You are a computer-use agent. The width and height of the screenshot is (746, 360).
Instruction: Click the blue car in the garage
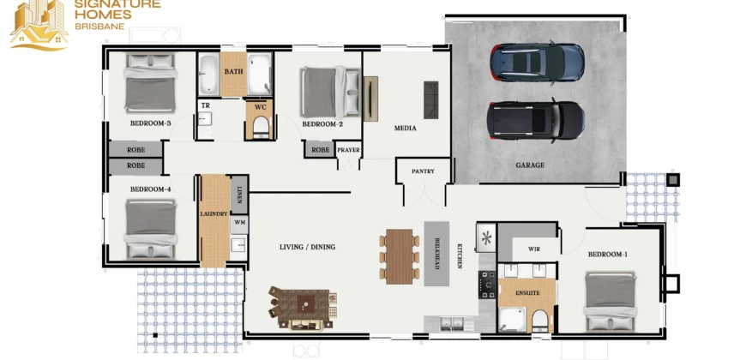[537, 62]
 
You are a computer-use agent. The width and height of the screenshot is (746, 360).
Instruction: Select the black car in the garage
[536, 121]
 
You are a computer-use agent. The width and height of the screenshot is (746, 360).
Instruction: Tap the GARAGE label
[530, 165]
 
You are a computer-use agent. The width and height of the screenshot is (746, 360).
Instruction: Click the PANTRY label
[423, 171]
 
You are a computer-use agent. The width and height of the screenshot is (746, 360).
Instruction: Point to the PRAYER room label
[349, 150]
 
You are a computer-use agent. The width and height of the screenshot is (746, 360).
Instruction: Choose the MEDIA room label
[406, 128]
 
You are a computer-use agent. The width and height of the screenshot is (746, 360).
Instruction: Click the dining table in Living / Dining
[400, 257]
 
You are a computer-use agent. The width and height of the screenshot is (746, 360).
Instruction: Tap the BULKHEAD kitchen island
[436, 254]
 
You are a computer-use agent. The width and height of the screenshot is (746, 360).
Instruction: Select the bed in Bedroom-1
[611, 301]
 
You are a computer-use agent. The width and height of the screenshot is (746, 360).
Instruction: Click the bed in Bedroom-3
[150, 83]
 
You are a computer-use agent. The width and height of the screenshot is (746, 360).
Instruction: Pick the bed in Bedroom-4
[151, 230]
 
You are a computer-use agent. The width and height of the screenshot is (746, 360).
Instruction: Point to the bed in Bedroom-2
[330, 93]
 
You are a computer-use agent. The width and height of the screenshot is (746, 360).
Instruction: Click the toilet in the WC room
[261, 127]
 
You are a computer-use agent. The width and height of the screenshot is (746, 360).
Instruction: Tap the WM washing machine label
[239, 222]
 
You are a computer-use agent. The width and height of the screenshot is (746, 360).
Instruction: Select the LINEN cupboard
[239, 194]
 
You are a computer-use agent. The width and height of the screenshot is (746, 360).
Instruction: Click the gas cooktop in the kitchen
[487, 285]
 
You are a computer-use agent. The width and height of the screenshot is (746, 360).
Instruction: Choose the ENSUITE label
[527, 293]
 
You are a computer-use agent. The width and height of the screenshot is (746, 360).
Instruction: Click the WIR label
[534, 249]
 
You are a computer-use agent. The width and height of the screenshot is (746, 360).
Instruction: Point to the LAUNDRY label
[214, 214]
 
